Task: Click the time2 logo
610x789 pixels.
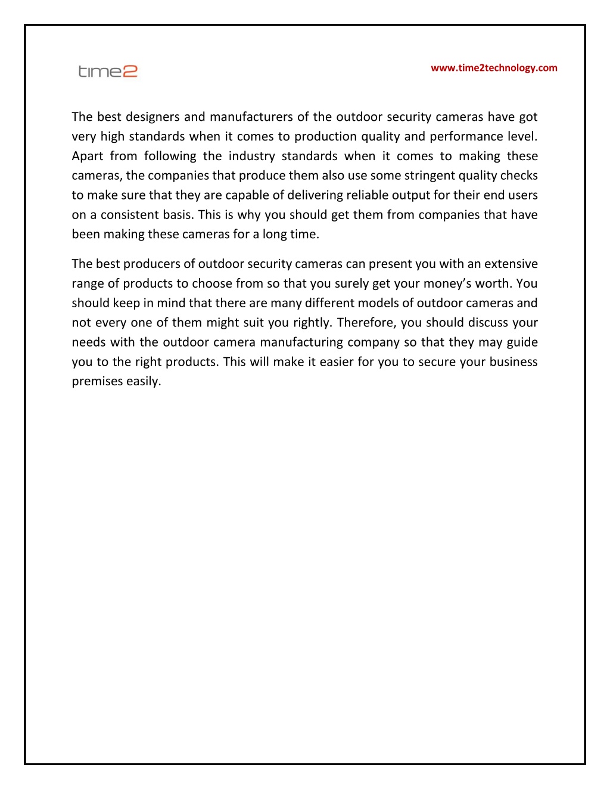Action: pyautogui.click(x=108, y=71)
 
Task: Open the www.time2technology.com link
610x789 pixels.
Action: pyautogui.click(x=494, y=68)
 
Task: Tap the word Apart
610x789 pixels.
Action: pyautogui.click(x=88, y=156)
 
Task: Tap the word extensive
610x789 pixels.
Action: pyautogui.click(x=511, y=264)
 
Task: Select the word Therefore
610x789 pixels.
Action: pyautogui.click(x=366, y=323)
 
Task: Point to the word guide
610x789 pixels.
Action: pyautogui.click(x=522, y=342)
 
